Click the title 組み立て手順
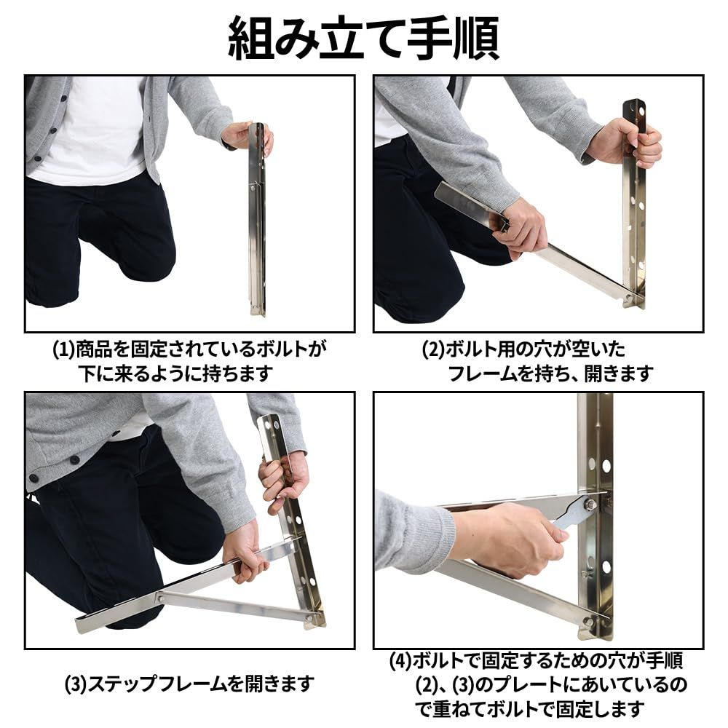tap(363, 37)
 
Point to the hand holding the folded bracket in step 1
tap(244, 135)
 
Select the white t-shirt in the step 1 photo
tap(87, 131)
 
